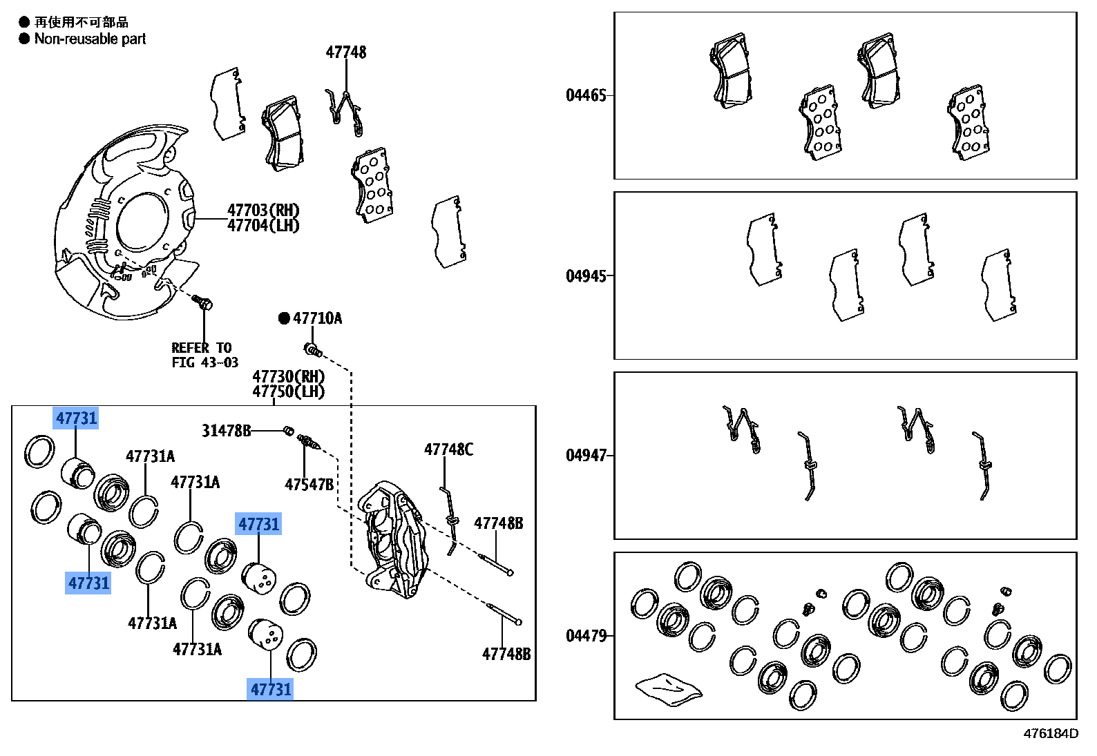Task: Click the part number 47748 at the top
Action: click(346, 52)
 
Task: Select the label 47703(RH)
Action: click(263, 210)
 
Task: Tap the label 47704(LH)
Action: click(263, 226)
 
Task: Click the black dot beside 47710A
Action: click(284, 318)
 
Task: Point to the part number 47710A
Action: click(317, 318)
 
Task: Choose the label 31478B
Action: click(226, 431)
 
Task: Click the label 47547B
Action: click(309, 485)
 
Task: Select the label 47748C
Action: click(448, 450)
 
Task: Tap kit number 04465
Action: click(586, 95)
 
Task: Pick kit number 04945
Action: click(586, 276)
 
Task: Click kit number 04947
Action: click(586, 456)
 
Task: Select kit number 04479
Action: click(586, 636)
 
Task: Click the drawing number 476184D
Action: click(1050, 733)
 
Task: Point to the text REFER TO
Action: click(201, 348)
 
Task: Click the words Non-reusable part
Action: click(90, 39)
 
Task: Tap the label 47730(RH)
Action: click(288, 376)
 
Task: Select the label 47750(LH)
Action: click(288, 391)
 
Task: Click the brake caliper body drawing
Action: click(392, 539)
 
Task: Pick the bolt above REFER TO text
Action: click(203, 302)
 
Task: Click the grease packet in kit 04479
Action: click(667, 689)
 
